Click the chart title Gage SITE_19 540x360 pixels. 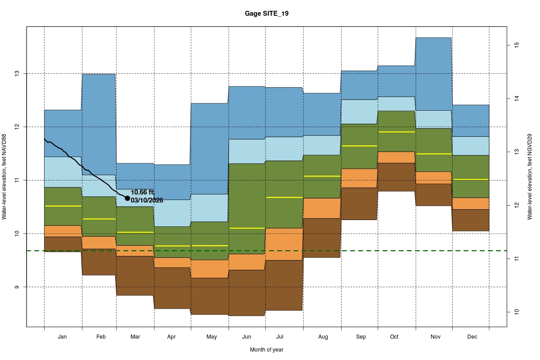pos(266,14)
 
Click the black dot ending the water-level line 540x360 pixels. pos(127,198)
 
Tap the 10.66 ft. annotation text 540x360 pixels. pos(143,193)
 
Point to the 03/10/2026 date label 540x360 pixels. pos(147,200)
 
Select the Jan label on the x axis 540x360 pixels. pos(63,337)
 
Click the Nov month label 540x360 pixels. pos(435,337)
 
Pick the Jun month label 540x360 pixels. pos(247,337)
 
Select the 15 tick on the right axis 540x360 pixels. pos(517,45)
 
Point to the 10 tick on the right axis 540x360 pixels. pos(517,311)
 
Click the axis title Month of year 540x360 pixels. pos(266,350)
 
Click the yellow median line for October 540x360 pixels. pos(396,132)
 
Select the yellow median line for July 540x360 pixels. pos(283,197)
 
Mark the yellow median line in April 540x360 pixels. pos(172,246)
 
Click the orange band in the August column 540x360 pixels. pos(322,208)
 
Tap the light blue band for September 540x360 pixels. pos(359,112)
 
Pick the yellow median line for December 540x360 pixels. pos(471,180)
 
